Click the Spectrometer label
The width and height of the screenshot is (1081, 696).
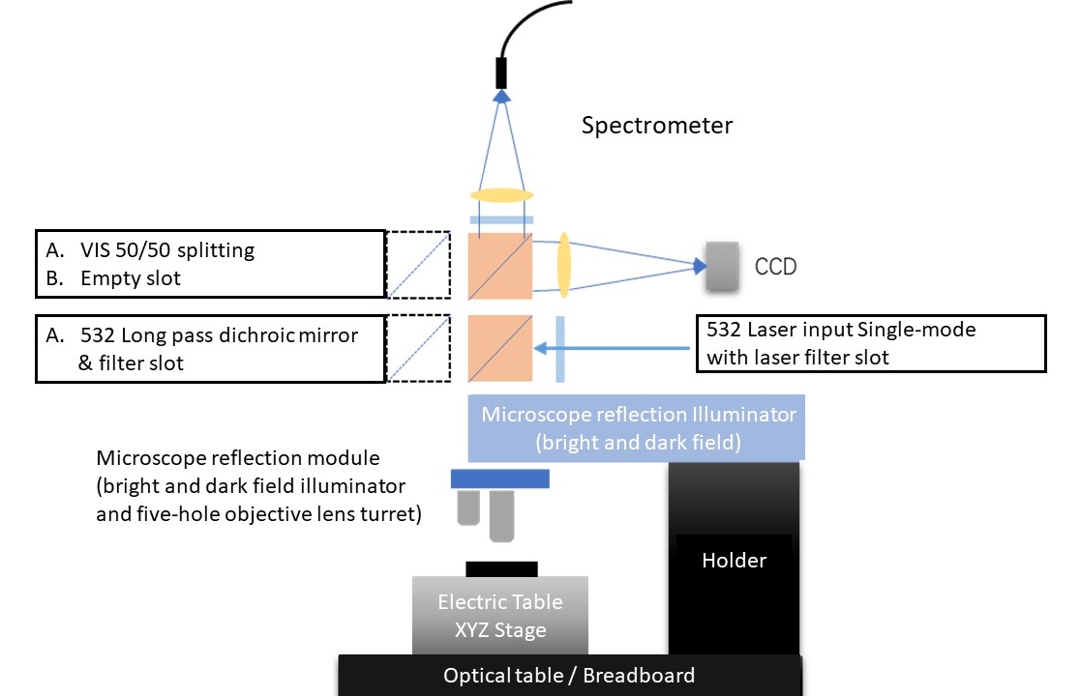coord(656,126)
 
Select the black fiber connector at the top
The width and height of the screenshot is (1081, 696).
coord(501,72)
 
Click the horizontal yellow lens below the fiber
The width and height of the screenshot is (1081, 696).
coord(501,195)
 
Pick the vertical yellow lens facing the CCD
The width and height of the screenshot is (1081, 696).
coord(563,264)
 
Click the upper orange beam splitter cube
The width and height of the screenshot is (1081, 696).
coord(500,265)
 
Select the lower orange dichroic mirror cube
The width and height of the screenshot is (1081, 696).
coord(500,348)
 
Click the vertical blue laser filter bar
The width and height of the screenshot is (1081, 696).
coord(560,348)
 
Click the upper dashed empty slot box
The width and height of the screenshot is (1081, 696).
coord(418,265)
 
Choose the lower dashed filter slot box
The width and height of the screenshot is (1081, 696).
coord(418,348)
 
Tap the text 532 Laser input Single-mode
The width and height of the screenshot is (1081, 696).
coord(841,330)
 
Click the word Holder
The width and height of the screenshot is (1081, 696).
coord(734,560)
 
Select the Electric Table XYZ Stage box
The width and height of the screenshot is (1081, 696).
coord(499,616)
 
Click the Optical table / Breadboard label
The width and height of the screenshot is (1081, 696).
coord(569,676)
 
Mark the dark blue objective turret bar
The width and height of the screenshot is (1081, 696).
coord(499,478)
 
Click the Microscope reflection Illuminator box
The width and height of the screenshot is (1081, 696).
coord(639,428)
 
